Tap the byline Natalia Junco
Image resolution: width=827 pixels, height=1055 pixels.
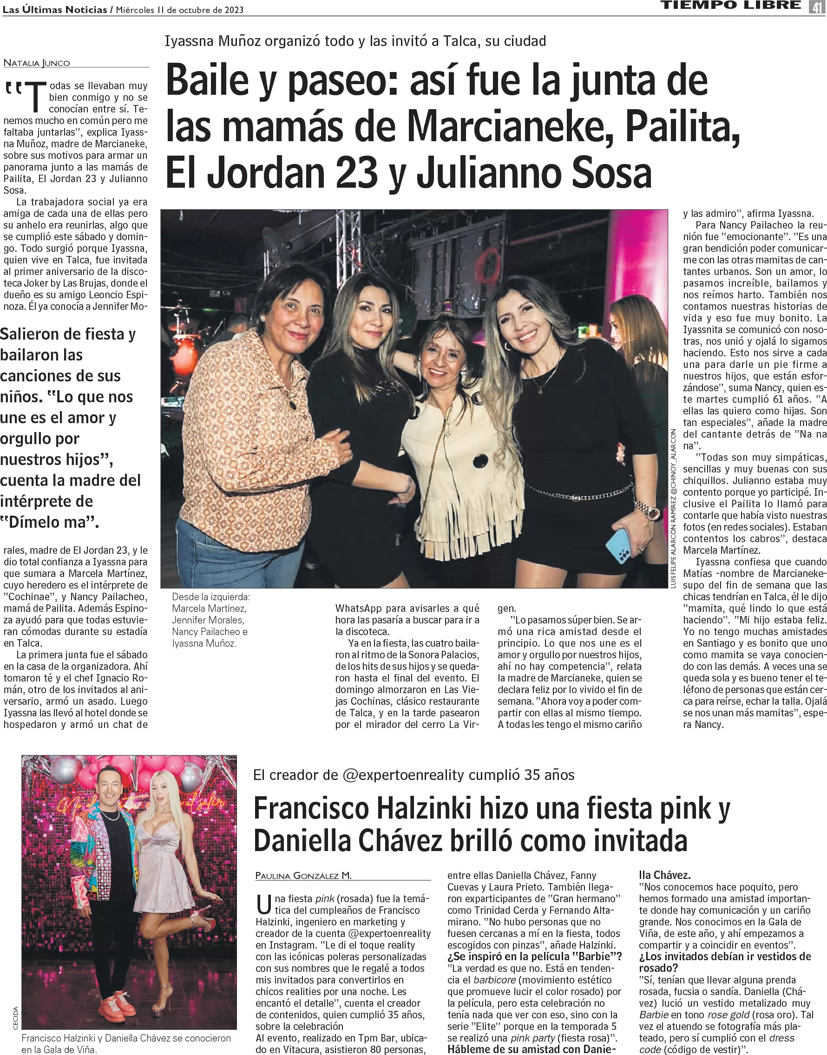37,63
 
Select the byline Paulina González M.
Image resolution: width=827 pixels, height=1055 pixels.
303,875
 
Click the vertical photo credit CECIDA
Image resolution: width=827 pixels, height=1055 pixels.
15,1018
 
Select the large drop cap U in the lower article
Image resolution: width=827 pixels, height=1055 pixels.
264,904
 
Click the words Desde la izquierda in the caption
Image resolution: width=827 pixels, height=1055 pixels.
211,597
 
